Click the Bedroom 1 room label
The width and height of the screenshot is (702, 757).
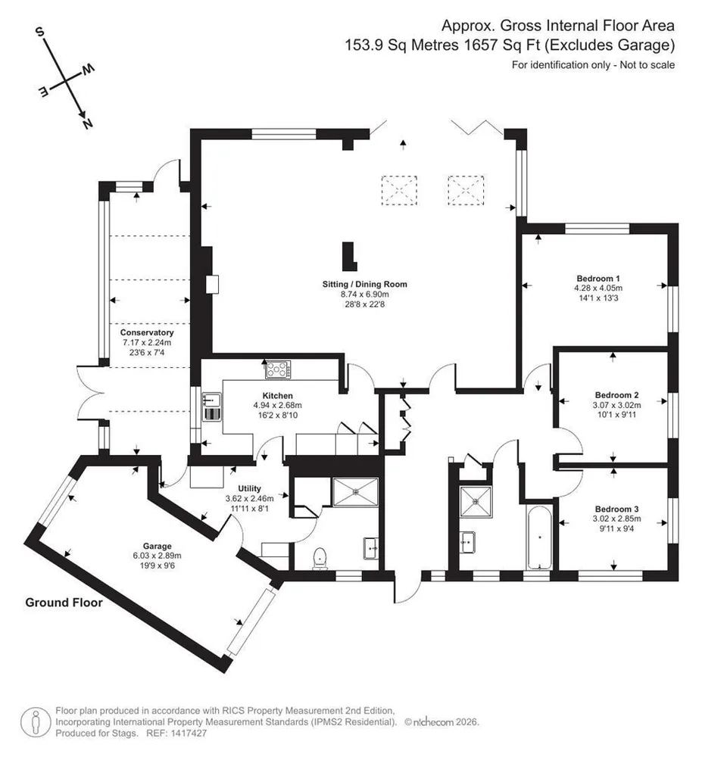point(597,279)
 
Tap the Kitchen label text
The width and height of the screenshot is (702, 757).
point(278,396)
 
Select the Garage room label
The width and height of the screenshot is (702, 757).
point(157,546)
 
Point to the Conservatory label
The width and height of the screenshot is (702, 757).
point(147,332)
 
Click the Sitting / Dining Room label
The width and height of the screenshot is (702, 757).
point(364,285)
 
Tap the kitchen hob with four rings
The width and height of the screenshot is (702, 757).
point(279,370)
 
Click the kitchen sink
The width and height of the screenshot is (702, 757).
point(211,407)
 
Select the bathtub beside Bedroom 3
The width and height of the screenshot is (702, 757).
point(539,537)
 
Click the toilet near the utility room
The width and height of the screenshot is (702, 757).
point(319,559)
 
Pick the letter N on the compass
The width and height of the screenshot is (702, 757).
point(87,124)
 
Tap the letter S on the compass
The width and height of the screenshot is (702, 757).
point(41,32)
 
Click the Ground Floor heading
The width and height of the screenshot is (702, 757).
point(64,603)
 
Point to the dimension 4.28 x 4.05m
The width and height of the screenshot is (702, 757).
point(598,288)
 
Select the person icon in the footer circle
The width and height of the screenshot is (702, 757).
point(36,722)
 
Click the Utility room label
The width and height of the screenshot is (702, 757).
point(250,488)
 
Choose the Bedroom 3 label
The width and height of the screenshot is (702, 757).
point(616,509)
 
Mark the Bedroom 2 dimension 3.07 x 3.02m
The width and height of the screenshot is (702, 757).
point(616,405)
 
